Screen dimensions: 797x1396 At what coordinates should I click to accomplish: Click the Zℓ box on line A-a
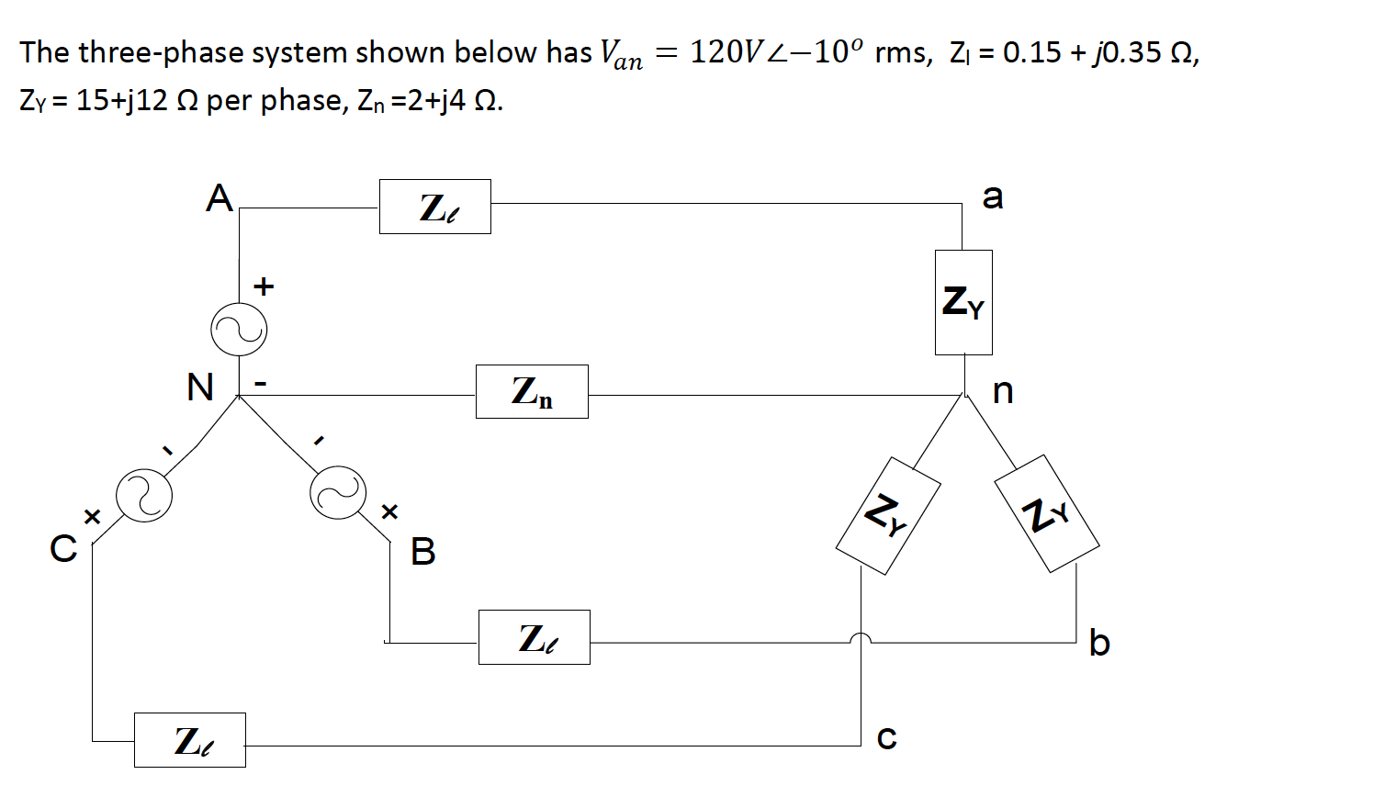pyautogui.click(x=434, y=207)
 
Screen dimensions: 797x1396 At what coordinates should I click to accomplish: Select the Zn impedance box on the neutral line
pyautogui.click(x=532, y=391)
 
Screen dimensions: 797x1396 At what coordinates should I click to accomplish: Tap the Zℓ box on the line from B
pyautogui.click(x=534, y=637)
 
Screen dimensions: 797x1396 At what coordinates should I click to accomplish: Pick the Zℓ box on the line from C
pyautogui.click(x=189, y=740)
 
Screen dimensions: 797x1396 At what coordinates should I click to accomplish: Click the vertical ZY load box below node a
pyautogui.click(x=963, y=302)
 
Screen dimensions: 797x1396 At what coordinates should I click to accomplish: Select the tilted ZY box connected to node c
pyautogui.click(x=887, y=515)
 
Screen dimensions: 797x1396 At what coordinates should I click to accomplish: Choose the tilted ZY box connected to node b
pyautogui.click(x=1047, y=513)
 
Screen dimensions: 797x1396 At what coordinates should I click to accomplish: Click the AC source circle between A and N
pyautogui.click(x=239, y=330)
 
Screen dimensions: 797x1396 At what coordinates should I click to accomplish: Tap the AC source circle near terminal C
pyautogui.click(x=144, y=496)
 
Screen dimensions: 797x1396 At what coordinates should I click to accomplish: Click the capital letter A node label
pyautogui.click(x=219, y=198)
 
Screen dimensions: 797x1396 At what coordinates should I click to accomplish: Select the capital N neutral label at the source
pyautogui.click(x=199, y=387)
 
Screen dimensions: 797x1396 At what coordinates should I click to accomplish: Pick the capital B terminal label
pyautogui.click(x=422, y=551)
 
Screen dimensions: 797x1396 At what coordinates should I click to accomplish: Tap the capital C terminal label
pyautogui.click(x=63, y=548)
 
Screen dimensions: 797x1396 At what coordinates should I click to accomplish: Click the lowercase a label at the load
pyautogui.click(x=993, y=196)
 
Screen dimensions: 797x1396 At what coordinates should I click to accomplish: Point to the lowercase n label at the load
pyautogui.click(x=1003, y=391)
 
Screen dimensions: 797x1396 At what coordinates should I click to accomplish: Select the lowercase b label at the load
pyautogui.click(x=1099, y=642)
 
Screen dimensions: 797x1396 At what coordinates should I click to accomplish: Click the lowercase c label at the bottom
pyautogui.click(x=886, y=737)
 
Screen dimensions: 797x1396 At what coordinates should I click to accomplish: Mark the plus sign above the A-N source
pyautogui.click(x=264, y=286)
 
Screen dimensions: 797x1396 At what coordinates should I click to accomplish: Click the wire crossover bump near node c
pyautogui.click(x=861, y=638)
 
